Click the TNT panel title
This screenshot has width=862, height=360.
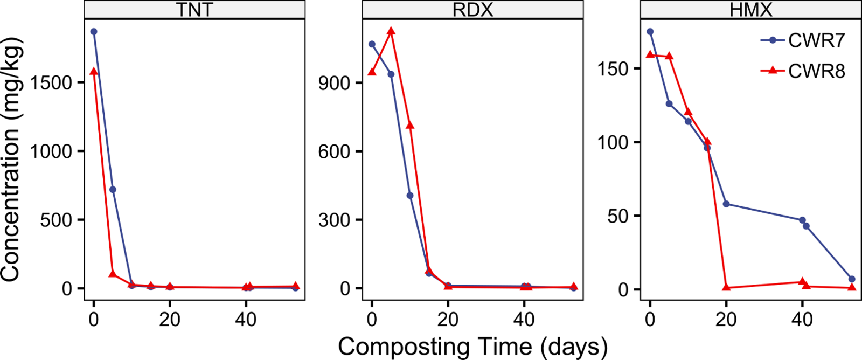[194, 10]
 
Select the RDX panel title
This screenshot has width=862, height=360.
[472, 10]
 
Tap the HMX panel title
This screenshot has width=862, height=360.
[750, 10]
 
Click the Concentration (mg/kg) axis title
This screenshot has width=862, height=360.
[11, 159]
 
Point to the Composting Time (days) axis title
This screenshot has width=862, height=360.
[472, 347]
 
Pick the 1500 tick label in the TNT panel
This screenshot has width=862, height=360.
[51, 82]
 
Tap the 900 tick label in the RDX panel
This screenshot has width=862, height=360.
[334, 82]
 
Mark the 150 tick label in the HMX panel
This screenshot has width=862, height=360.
[614, 69]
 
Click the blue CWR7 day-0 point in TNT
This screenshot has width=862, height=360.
[94, 32]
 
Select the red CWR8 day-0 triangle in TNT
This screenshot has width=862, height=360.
[94, 71]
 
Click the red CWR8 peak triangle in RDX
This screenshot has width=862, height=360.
[391, 31]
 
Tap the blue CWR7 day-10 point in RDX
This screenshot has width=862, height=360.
[410, 196]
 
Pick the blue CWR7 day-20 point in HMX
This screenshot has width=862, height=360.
[726, 204]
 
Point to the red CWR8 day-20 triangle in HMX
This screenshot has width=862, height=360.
[726, 287]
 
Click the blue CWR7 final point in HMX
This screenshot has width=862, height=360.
[852, 279]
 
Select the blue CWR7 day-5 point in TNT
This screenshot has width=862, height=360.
[113, 190]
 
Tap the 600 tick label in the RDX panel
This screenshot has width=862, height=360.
[334, 151]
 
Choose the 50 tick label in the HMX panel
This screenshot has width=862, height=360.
[618, 216]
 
